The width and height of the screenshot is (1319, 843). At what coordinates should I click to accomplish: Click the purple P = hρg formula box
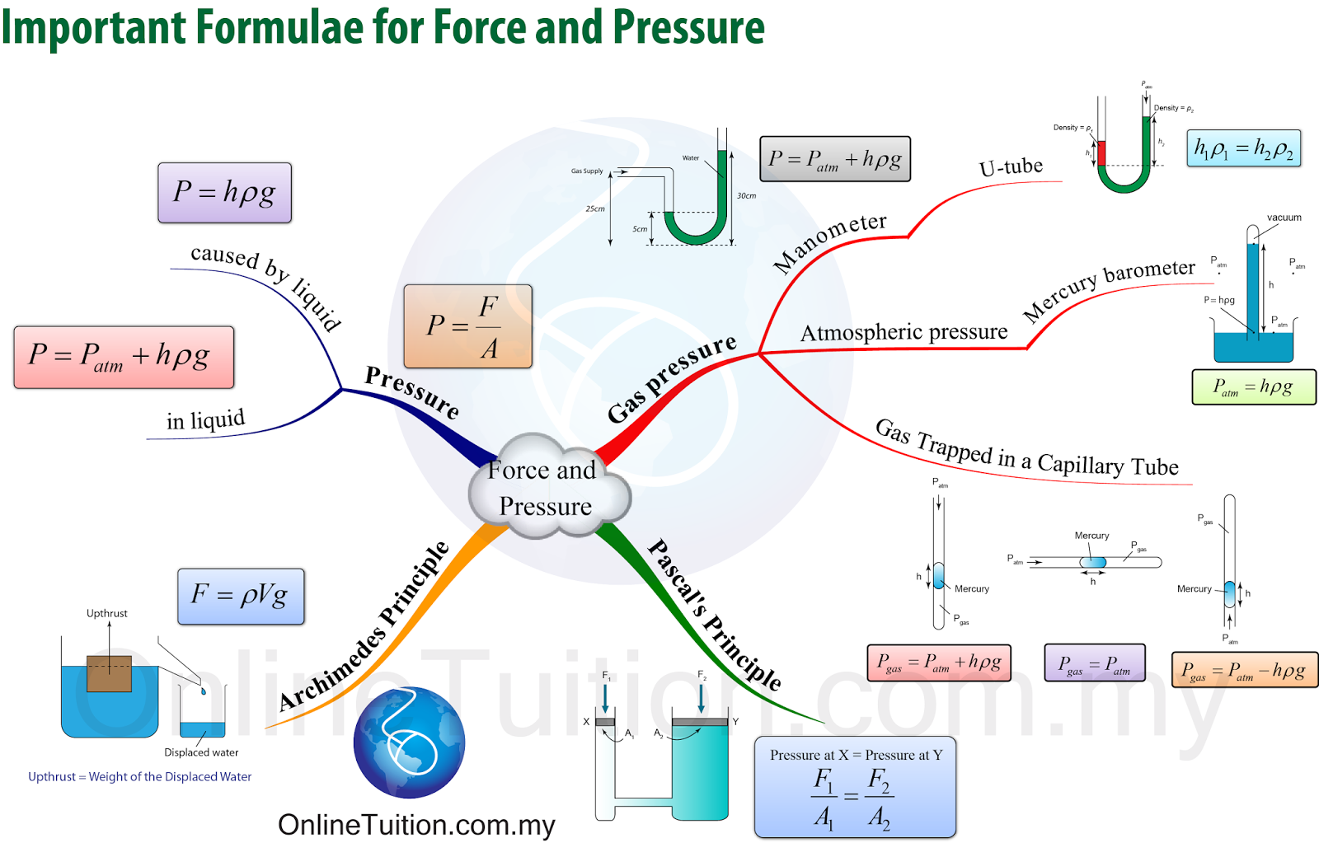pyautogui.click(x=224, y=193)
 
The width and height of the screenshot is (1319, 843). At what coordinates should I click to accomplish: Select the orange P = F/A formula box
pyautogui.click(x=467, y=326)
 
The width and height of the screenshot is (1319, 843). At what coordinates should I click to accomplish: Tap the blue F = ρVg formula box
pyautogui.click(x=241, y=596)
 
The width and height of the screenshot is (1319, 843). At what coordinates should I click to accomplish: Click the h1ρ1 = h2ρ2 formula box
pyautogui.click(x=1243, y=148)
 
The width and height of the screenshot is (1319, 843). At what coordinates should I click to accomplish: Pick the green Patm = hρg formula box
pyautogui.click(x=1253, y=387)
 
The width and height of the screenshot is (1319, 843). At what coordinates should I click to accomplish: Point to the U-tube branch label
pyautogui.click(x=1011, y=167)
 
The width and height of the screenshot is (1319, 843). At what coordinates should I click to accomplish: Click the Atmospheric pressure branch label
pyautogui.click(x=904, y=332)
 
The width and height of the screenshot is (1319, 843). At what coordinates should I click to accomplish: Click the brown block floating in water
pyautogui.click(x=109, y=673)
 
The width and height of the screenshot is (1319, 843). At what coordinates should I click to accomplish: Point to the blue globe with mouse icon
pyautogui.click(x=410, y=742)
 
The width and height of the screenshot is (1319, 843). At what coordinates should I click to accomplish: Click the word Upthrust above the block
pyautogui.click(x=107, y=613)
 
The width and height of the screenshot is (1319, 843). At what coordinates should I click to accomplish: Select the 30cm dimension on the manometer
pyautogui.click(x=746, y=196)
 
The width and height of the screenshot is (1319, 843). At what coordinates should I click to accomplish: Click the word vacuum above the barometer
pyautogui.click(x=1284, y=218)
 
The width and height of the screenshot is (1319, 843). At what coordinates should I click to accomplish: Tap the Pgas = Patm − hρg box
pyautogui.click(x=1244, y=670)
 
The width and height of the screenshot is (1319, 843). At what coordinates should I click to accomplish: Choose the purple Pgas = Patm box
pyautogui.click(x=1095, y=663)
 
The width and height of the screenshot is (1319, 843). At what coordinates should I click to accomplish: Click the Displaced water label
pyautogui.click(x=201, y=752)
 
